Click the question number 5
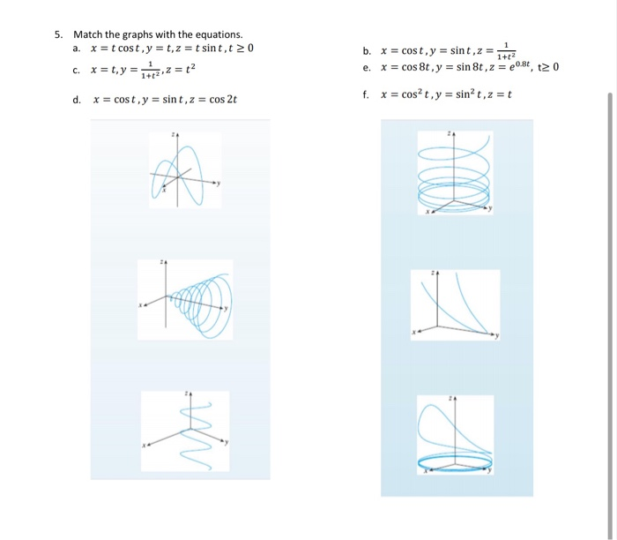(x=57, y=34)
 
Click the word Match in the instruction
(x=87, y=34)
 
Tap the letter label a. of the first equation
(x=78, y=47)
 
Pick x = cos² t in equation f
(x=408, y=95)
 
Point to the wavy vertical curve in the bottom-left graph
(x=187, y=424)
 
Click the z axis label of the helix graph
(x=450, y=133)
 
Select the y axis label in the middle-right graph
(x=496, y=336)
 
